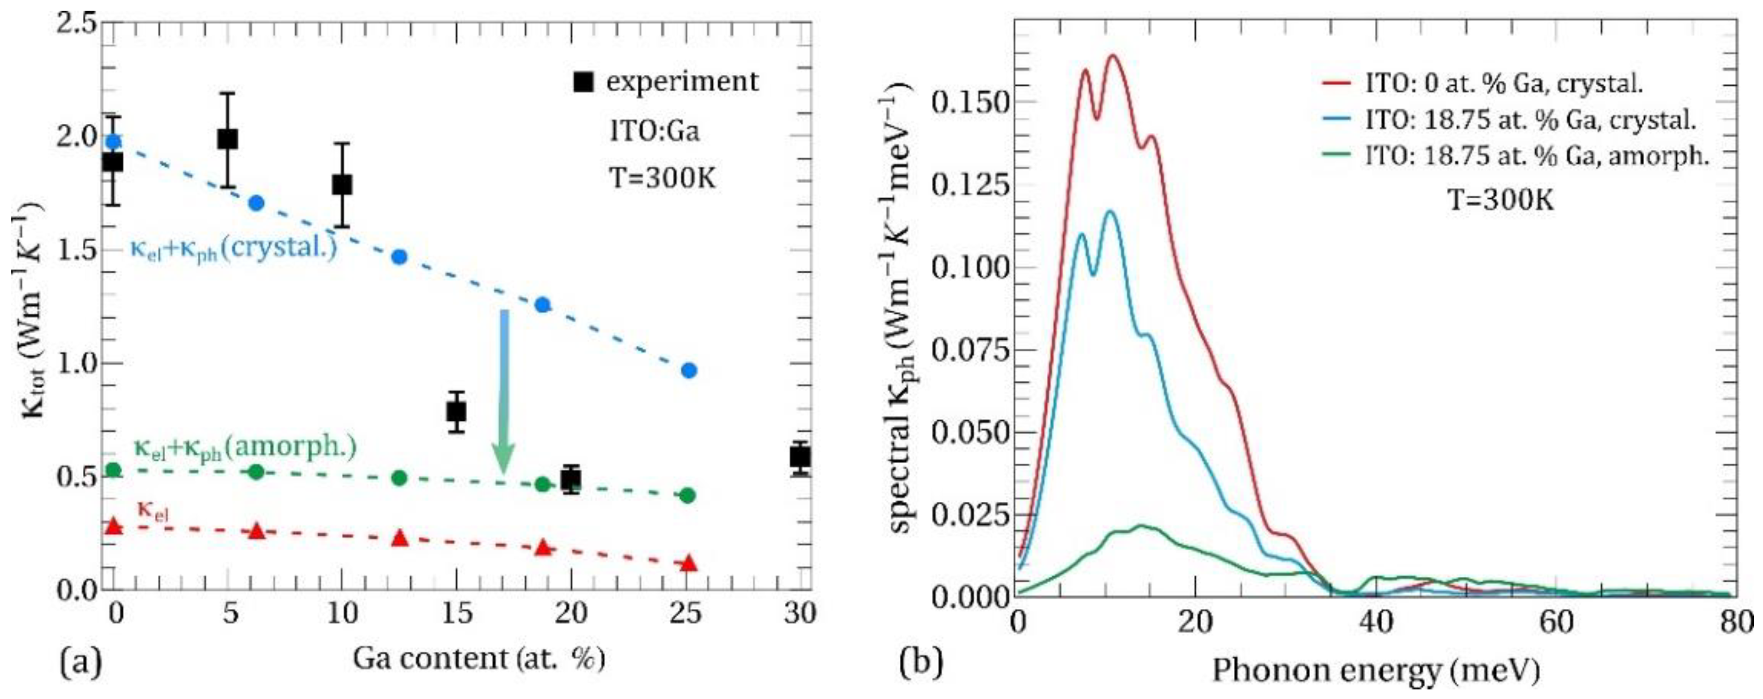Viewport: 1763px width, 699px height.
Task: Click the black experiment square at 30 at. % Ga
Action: [x=800, y=456]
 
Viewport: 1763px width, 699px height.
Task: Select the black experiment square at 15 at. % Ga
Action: [x=456, y=412]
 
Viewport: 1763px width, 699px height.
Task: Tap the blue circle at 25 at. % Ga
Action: [x=689, y=370]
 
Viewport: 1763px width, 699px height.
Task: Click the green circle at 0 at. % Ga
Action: [x=114, y=470]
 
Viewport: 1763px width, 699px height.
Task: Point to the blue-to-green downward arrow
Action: [x=504, y=390]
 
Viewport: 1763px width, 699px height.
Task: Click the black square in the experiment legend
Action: [x=583, y=83]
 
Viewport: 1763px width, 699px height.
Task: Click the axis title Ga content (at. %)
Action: [x=478, y=660]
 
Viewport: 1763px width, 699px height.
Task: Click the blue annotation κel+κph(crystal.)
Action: [x=233, y=249]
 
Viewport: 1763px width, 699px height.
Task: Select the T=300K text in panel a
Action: [x=662, y=179]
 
